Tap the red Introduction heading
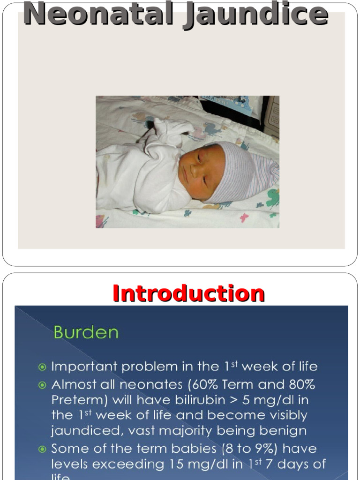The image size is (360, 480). [188, 293]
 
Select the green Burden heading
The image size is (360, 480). [86, 332]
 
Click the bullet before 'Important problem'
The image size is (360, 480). [43, 367]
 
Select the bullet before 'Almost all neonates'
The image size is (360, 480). [43, 385]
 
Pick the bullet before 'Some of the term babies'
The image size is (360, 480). [43, 449]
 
